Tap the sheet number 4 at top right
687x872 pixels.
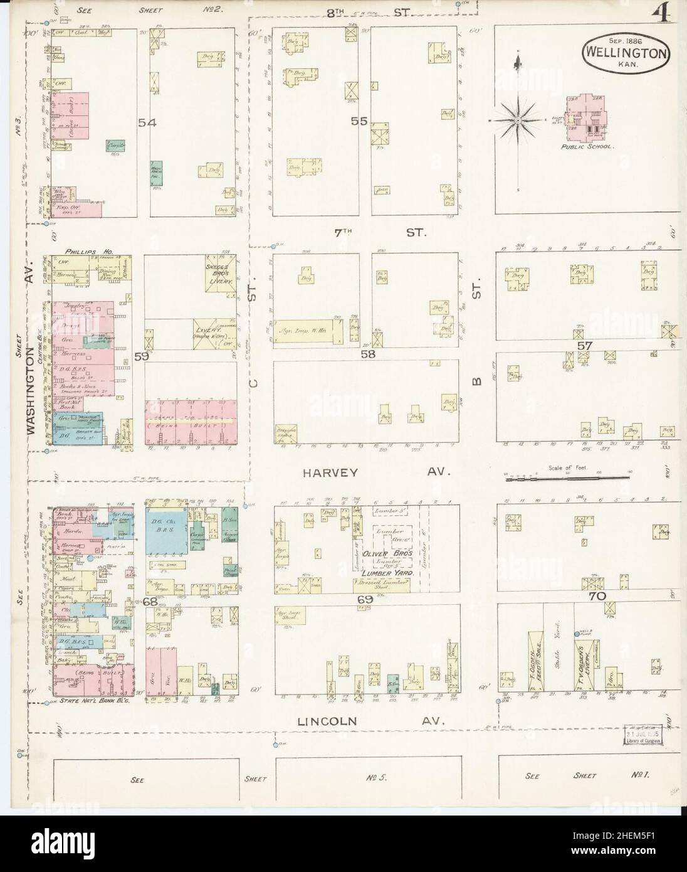click(661, 13)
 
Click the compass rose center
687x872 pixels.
click(518, 119)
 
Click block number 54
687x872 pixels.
click(148, 124)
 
